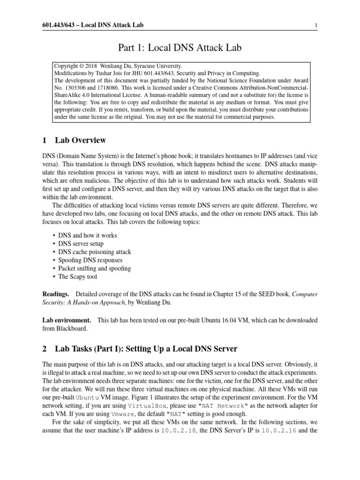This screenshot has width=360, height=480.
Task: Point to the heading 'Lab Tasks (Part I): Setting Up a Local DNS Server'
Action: pyautogui.click(x=146, y=349)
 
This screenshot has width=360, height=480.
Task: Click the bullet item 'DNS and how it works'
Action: pyautogui.click(x=87, y=235)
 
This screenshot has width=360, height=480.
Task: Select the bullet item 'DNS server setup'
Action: pyautogui.click(x=81, y=243)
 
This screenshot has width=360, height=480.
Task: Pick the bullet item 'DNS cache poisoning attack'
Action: pyautogui.click(x=94, y=252)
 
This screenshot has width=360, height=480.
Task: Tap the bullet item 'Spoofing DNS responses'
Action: pyautogui.click(x=90, y=260)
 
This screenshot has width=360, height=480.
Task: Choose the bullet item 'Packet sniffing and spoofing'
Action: pyautogui.click(x=94, y=269)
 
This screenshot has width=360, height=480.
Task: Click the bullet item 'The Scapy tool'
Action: pyautogui.click(x=77, y=277)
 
